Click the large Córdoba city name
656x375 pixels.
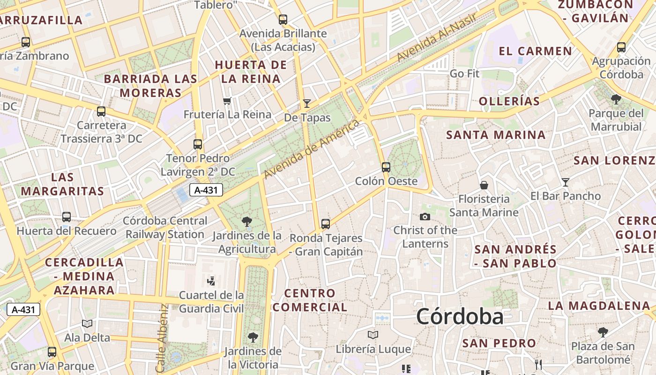[460, 316]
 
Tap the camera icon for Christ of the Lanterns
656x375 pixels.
[425, 217]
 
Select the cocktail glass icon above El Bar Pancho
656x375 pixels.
[566, 182]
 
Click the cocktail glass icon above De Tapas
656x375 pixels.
[307, 104]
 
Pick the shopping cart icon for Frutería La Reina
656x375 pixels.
[227, 101]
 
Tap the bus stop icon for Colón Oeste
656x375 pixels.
[386, 167]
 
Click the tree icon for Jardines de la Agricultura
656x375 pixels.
[246, 222]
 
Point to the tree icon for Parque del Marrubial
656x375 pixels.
[616, 99]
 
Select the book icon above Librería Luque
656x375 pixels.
[373, 335]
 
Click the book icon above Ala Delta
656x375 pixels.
[87, 323]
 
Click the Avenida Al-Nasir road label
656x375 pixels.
[436, 37]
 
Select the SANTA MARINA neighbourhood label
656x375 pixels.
[496, 135]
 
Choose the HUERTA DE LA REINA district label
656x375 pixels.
[251, 72]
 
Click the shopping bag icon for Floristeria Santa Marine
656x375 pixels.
[484, 185]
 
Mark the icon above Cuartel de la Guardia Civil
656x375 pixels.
[211, 281]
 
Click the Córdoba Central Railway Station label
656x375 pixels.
[165, 227]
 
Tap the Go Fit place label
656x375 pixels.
[464, 74]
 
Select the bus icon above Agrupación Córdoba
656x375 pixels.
[621, 47]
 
